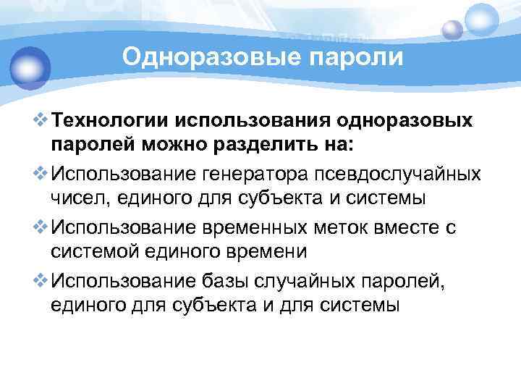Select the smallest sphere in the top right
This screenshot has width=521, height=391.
[452, 29]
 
